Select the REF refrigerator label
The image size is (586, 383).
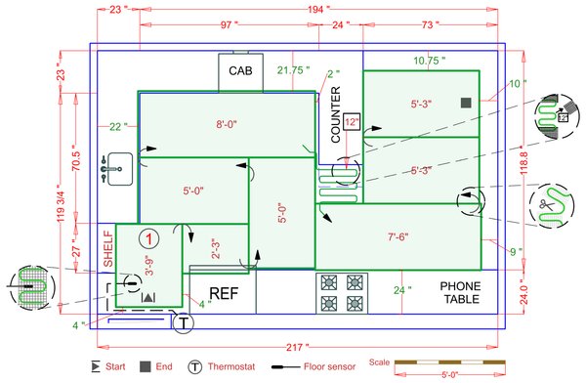[224, 293]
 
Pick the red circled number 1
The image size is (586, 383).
[147, 237]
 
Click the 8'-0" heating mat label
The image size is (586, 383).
[233, 124]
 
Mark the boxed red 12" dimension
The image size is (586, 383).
[352, 122]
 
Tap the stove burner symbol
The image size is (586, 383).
[343, 292]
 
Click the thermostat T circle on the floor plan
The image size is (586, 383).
[182, 321]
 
